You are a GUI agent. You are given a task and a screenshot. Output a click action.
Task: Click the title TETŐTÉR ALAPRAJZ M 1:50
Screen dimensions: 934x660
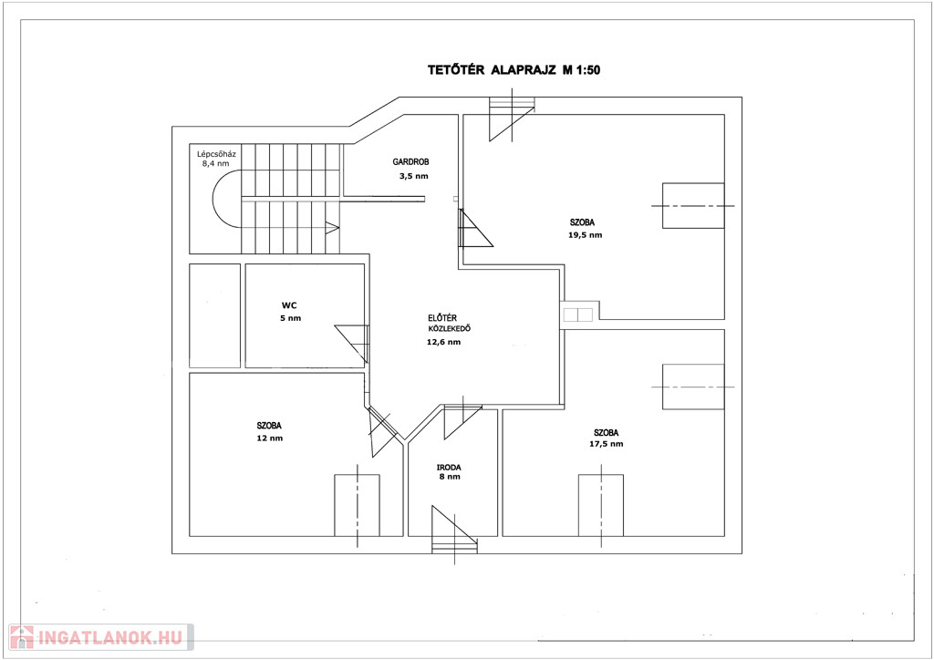[514, 70]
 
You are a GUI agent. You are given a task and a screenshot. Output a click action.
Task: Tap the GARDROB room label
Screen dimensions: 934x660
[410, 162]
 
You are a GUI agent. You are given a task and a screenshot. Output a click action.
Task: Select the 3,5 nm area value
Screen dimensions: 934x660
[413, 176]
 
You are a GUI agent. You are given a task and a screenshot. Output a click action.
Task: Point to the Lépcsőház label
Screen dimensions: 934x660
[216, 154]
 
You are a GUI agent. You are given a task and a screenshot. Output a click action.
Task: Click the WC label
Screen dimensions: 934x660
[289, 306]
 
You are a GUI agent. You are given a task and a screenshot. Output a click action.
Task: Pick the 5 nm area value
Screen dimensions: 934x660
[291, 318]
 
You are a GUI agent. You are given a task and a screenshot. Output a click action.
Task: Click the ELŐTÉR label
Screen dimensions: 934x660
[442, 318]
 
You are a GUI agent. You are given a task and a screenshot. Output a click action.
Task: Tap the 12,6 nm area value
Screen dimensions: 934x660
[444, 342]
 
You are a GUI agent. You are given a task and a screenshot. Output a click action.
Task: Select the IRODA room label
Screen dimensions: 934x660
[449, 468]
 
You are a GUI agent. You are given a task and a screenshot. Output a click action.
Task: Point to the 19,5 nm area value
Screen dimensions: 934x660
[585, 235]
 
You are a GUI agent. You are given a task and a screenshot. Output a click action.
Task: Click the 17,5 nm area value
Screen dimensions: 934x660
[607, 444]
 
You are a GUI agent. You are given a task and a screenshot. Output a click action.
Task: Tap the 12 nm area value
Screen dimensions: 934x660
[270, 438]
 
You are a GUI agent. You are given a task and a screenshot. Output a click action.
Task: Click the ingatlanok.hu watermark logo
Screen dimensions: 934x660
[100, 637]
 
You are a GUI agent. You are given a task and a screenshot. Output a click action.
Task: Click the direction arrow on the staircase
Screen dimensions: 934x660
[332, 227]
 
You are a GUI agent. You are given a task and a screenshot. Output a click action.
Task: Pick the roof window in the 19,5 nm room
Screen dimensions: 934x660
[693, 206]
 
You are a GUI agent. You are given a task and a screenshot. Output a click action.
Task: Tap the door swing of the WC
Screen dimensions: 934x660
[352, 344]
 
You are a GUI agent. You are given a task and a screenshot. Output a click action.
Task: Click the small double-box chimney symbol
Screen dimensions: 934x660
[577, 315]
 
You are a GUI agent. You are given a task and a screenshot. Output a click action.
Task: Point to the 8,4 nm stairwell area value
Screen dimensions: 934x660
[215, 164]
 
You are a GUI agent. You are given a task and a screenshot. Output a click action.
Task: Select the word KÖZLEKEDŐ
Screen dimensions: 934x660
[450, 328]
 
